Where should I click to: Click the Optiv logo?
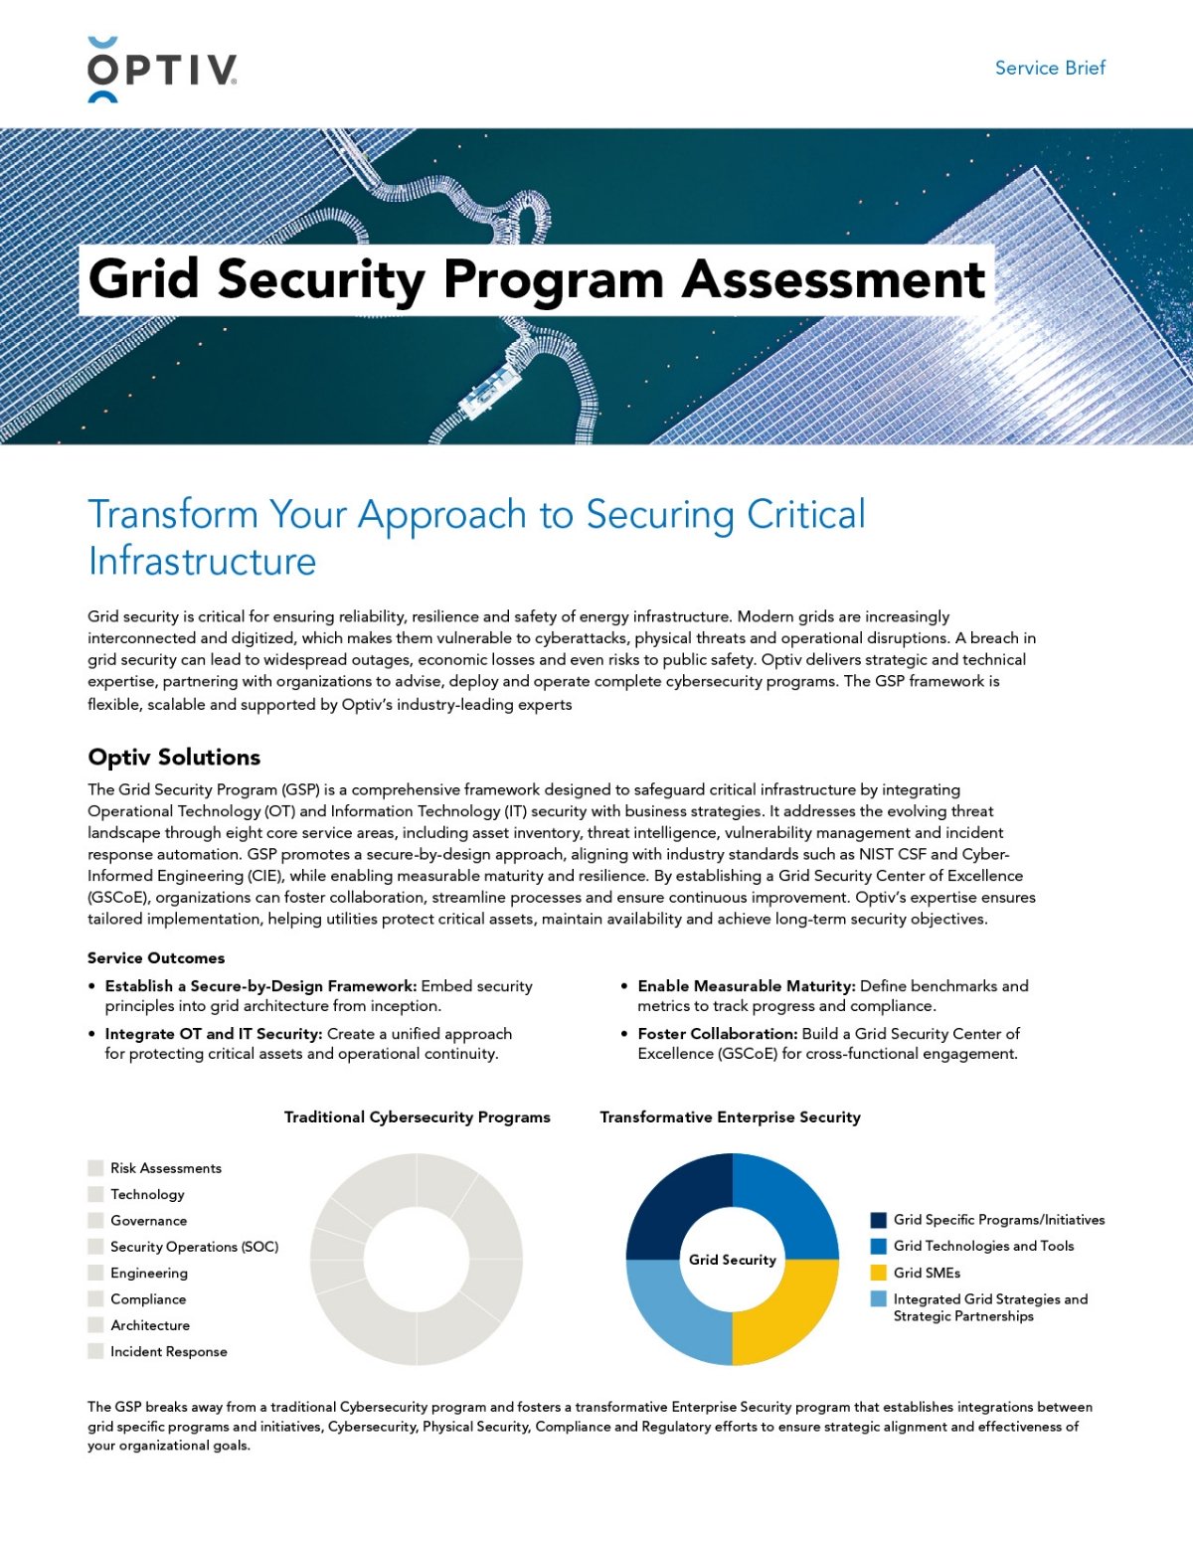click(x=162, y=70)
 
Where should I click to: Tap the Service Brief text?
click(x=1050, y=68)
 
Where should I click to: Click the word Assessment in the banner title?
click(x=833, y=279)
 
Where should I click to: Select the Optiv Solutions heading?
click(x=174, y=757)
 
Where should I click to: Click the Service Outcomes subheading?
click(x=156, y=957)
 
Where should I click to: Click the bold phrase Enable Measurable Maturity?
click(x=746, y=985)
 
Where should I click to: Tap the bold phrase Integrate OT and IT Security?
click(x=214, y=1033)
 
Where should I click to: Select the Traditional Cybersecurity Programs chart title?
click(x=417, y=1116)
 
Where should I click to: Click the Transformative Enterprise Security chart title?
click(x=730, y=1116)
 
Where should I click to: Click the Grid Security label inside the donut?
click(x=733, y=1260)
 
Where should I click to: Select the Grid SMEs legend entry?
click(x=926, y=1273)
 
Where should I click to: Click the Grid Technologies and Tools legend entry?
click(x=982, y=1246)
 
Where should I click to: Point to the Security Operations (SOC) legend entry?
click(x=194, y=1247)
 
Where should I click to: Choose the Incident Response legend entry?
click(x=168, y=1351)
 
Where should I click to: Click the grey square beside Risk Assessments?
click(x=95, y=1168)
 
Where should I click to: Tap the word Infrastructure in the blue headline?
click(x=202, y=562)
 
